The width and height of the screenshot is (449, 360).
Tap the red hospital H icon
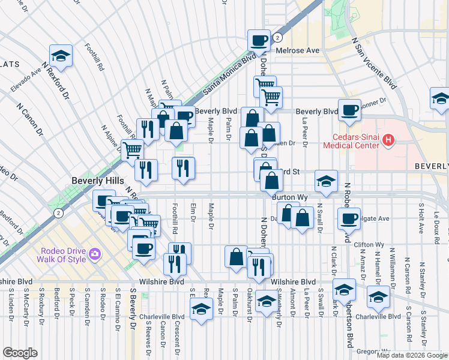click(x=388, y=140)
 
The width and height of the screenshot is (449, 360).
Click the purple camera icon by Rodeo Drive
click(x=94, y=255)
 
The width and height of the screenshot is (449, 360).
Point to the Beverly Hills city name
click(x=97, y=181)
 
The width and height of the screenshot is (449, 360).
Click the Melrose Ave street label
click(x=297, y=50)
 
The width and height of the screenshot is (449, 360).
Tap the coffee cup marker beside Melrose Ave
click(x=259, y=41)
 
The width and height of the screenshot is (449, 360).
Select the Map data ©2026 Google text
click(x=411, y=355)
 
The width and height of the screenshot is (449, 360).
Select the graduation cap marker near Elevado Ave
click(x=61, y=56)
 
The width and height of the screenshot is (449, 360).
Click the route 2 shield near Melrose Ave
click(x=277, y=38)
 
